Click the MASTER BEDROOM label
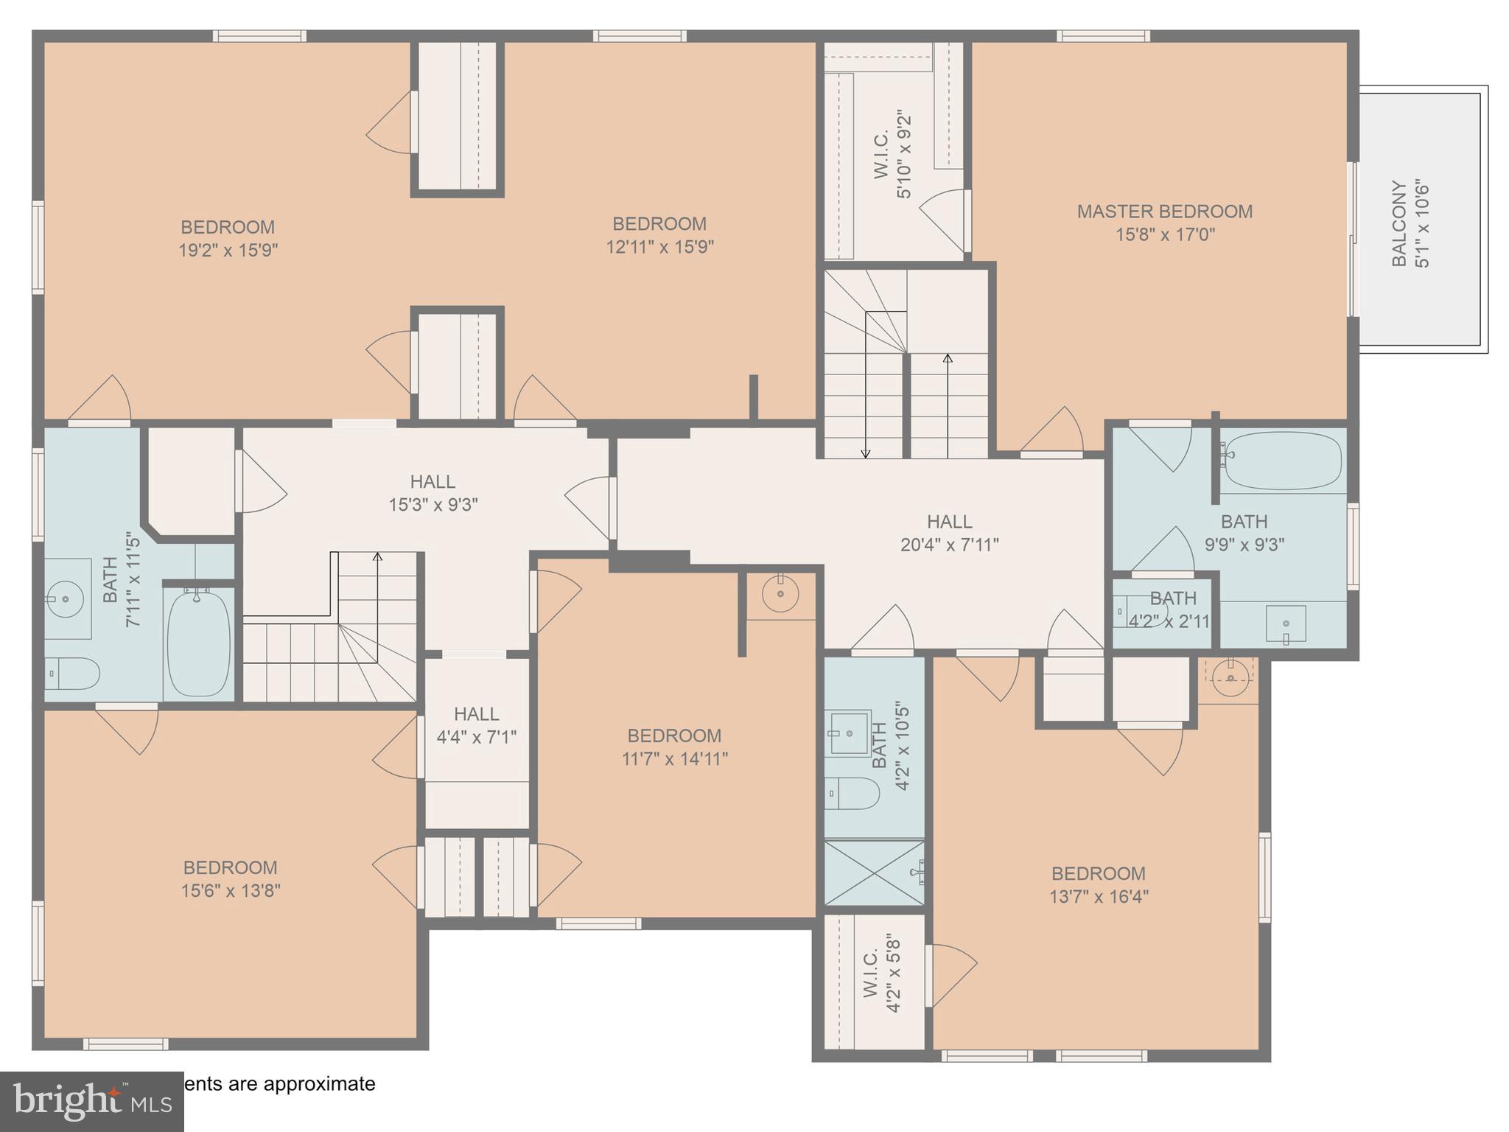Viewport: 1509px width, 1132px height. [1164, 212]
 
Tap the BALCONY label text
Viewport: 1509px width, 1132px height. [1398, 223]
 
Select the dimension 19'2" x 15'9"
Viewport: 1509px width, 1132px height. [228, 251]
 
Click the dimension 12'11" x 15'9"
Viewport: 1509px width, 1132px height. [659, 247]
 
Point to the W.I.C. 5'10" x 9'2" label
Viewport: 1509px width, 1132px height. [893, 155]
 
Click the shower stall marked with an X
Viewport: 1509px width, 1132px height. [874, 873]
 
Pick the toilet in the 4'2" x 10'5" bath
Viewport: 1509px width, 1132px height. [852, 793]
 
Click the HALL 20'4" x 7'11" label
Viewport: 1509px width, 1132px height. [949, 533]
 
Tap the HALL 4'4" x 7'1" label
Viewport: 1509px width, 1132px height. [476, 725]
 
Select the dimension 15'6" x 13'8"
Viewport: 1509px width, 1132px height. [231, 891]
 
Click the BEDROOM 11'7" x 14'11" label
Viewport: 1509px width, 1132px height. [674, 747]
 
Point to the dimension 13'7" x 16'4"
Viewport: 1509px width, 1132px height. [1099, 897]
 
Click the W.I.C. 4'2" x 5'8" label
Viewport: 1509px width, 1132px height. [881, 974]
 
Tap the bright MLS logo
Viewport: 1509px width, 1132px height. [92, 1102]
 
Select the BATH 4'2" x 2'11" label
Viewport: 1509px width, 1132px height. [1172, 609]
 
